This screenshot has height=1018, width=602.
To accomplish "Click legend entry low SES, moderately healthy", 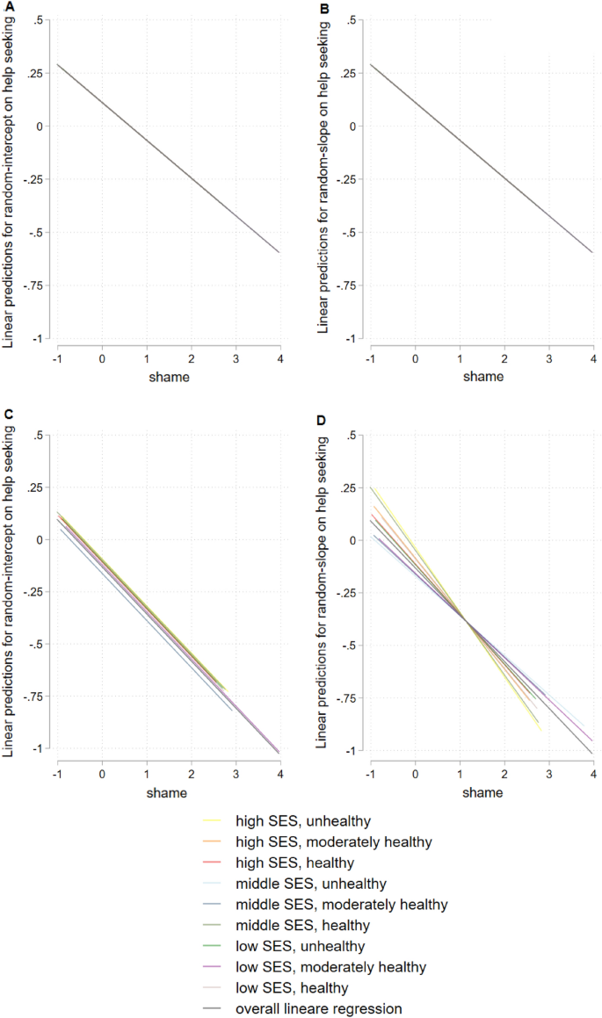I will [330, 967].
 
